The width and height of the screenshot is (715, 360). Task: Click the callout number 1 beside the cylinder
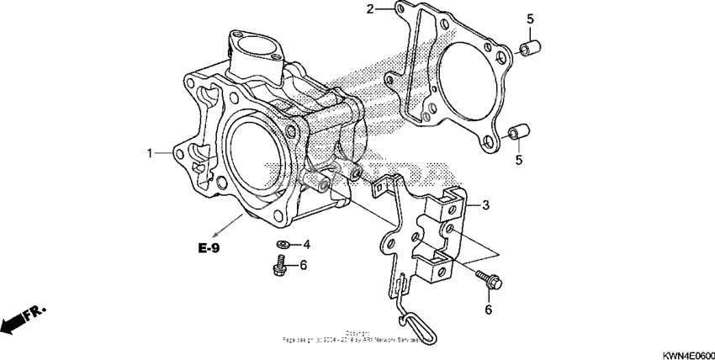click(x=151, y=154)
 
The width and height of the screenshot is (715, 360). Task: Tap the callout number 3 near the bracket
click(x=485, y=205)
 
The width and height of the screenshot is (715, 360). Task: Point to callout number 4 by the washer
click(x=306, y=245)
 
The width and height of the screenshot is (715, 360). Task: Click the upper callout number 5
click(x=530, y=19)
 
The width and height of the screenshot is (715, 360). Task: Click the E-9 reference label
click(x=210, y=248)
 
